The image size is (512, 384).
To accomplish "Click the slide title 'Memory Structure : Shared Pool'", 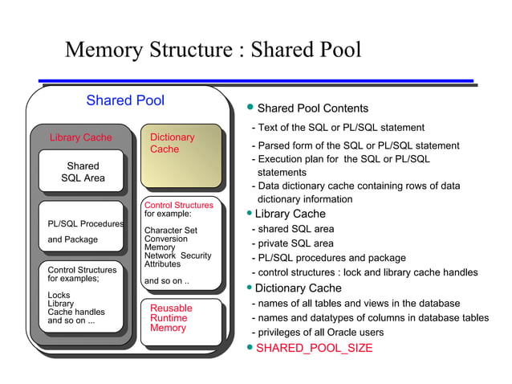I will point(213,50).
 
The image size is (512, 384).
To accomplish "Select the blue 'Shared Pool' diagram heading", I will point(125,100).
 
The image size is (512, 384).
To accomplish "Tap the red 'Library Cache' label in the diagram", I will point(80,137).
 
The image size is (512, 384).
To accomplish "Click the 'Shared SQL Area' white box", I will point(83,172).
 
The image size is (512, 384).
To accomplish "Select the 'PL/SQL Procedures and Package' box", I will point(83,231).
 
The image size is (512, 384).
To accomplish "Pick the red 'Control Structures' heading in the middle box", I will point(178,205).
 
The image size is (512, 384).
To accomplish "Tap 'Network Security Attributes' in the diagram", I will point(177,259).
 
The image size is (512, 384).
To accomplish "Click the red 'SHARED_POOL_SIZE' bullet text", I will point(314,348).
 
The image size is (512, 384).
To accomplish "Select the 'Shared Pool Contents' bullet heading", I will point(312,108).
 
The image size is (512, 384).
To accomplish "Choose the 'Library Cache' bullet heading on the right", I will point(290,214).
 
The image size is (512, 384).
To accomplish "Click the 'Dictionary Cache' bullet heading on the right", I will point(298,288).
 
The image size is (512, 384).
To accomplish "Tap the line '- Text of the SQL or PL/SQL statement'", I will point(338,128).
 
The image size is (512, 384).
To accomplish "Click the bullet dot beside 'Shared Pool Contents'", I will point(250,108).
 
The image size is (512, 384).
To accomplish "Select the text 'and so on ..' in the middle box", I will point(166,281).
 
